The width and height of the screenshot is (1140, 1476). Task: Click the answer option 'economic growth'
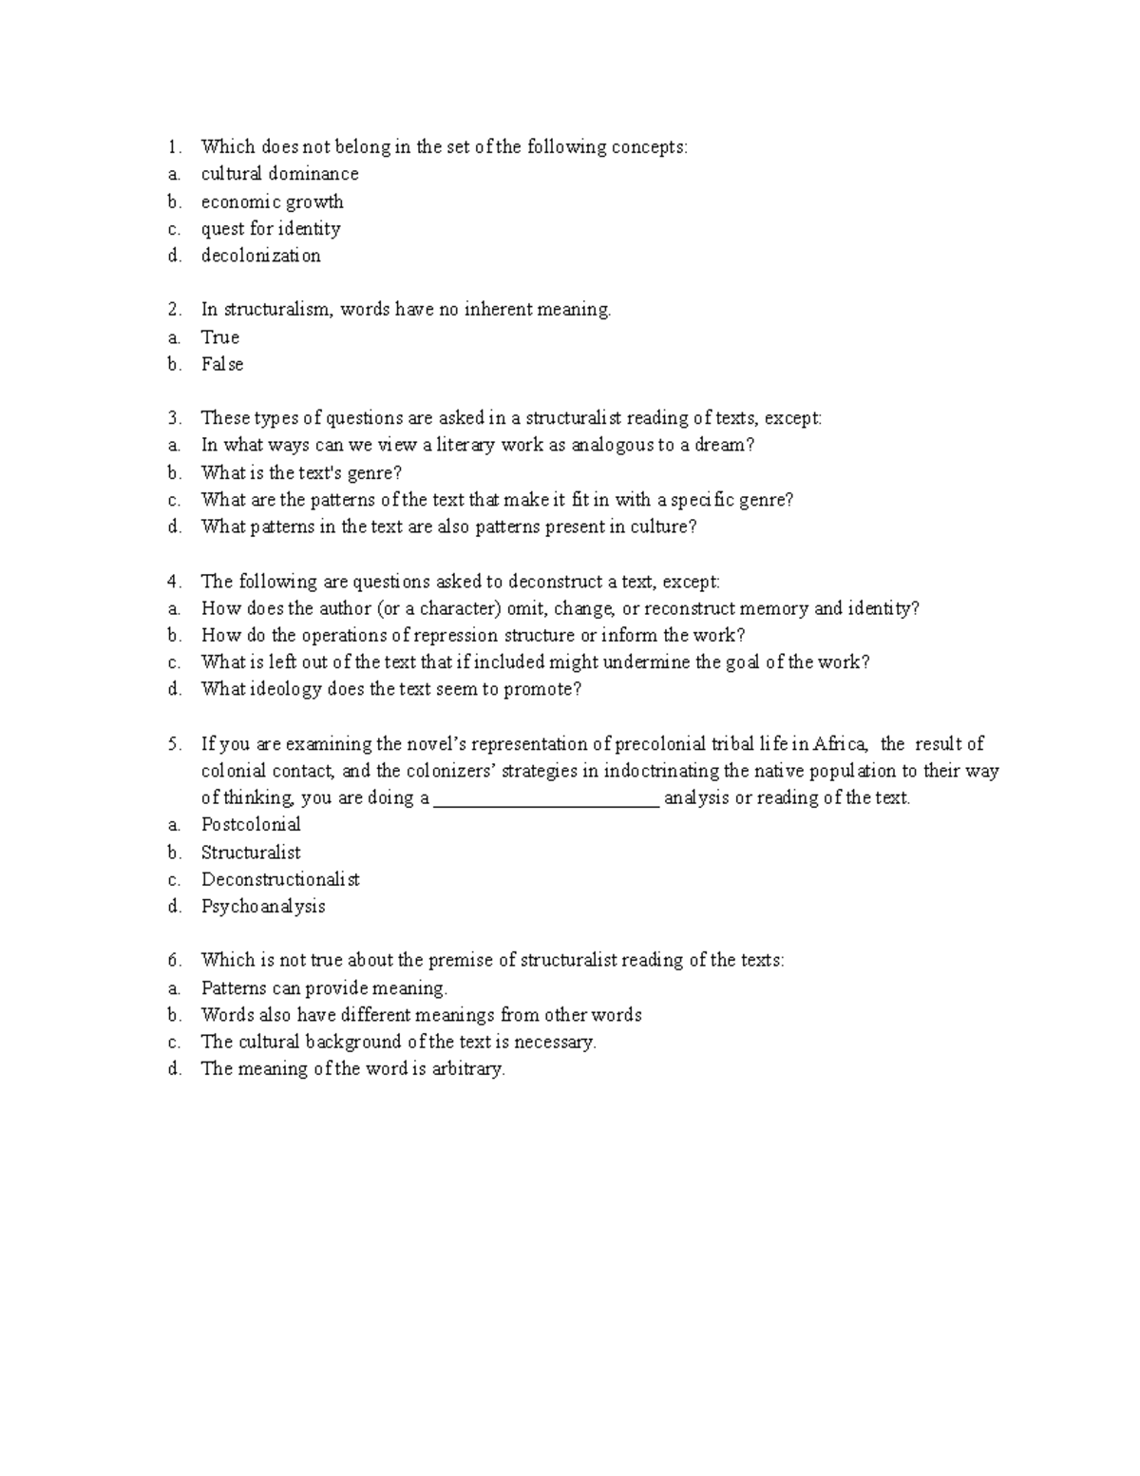click(272, 201)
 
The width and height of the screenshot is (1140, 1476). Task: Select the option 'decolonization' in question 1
click(260, 256)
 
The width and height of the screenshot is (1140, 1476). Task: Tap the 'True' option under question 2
click(219, 337)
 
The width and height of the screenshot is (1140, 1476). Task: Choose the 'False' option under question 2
click(221, 364)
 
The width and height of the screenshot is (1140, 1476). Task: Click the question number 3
click(173, 418)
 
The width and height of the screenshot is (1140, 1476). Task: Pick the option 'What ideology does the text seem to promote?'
click(390, 689)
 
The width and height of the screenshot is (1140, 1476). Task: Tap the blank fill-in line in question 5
click(546, 799)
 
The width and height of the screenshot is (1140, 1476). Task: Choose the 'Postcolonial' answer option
click(251, 824)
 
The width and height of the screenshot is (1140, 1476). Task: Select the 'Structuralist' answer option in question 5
click(251, 853)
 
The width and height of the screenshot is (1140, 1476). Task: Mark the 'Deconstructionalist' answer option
click(280, 879)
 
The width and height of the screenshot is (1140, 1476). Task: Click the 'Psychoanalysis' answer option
click(263, 906)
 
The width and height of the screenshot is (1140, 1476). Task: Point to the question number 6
click(173, 961)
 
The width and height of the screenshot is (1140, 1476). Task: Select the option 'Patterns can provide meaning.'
click(324, 988)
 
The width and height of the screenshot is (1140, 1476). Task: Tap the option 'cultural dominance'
click(279, 174)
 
